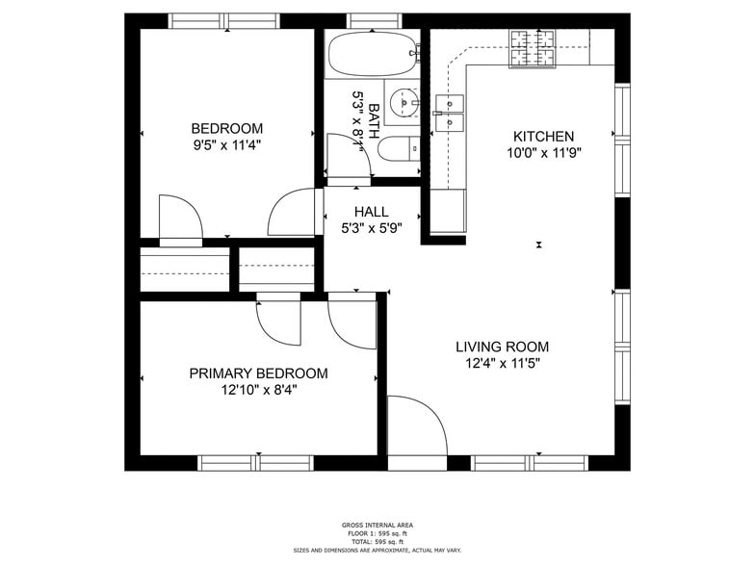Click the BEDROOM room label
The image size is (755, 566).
tap(226, 129)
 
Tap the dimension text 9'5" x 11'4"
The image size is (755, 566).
tap(226, 145)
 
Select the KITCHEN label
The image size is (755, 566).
tap(543, 137)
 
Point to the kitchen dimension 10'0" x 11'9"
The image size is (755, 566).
tap(543, 153)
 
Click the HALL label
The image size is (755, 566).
tap(371, 212)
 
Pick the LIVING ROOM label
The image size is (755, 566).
tap(502, 347)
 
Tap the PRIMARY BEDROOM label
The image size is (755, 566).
tap(258, 373)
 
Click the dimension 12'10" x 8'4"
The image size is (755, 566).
tap(258, 391)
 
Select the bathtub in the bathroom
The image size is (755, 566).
tap(373, 56)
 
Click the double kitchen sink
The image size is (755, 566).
tap(450, 112)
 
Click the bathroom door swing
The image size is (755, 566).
tap(347, 157)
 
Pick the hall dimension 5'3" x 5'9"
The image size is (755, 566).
tap(371, 228)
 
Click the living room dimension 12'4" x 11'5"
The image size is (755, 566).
tap(502, 364)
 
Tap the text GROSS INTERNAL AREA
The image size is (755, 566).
tap(377, 526)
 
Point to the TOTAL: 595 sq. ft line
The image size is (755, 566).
tap(377, 541)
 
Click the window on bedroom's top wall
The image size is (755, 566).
tap(224, 20)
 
